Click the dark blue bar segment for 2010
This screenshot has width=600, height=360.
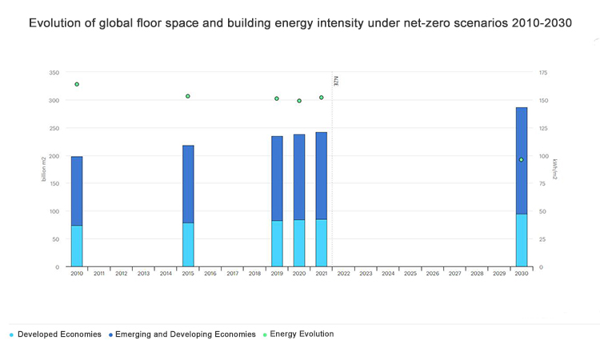77,190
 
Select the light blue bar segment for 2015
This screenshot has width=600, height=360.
188,244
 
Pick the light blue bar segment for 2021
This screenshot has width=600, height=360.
321,242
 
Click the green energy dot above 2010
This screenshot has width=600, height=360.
77,84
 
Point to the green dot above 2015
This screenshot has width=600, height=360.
188,96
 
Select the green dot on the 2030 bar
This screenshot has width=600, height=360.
522,160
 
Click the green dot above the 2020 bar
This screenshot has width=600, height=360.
299,101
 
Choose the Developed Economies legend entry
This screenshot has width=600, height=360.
59,334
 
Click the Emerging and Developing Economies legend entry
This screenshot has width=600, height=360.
185,334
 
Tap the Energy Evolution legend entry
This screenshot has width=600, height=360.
302,334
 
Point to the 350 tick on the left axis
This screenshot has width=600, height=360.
54,73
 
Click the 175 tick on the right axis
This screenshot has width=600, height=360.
543,73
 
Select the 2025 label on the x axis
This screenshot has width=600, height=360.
410,274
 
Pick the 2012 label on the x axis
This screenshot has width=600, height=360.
122,274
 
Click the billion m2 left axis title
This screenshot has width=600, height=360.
45,170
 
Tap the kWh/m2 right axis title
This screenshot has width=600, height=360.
554,170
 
